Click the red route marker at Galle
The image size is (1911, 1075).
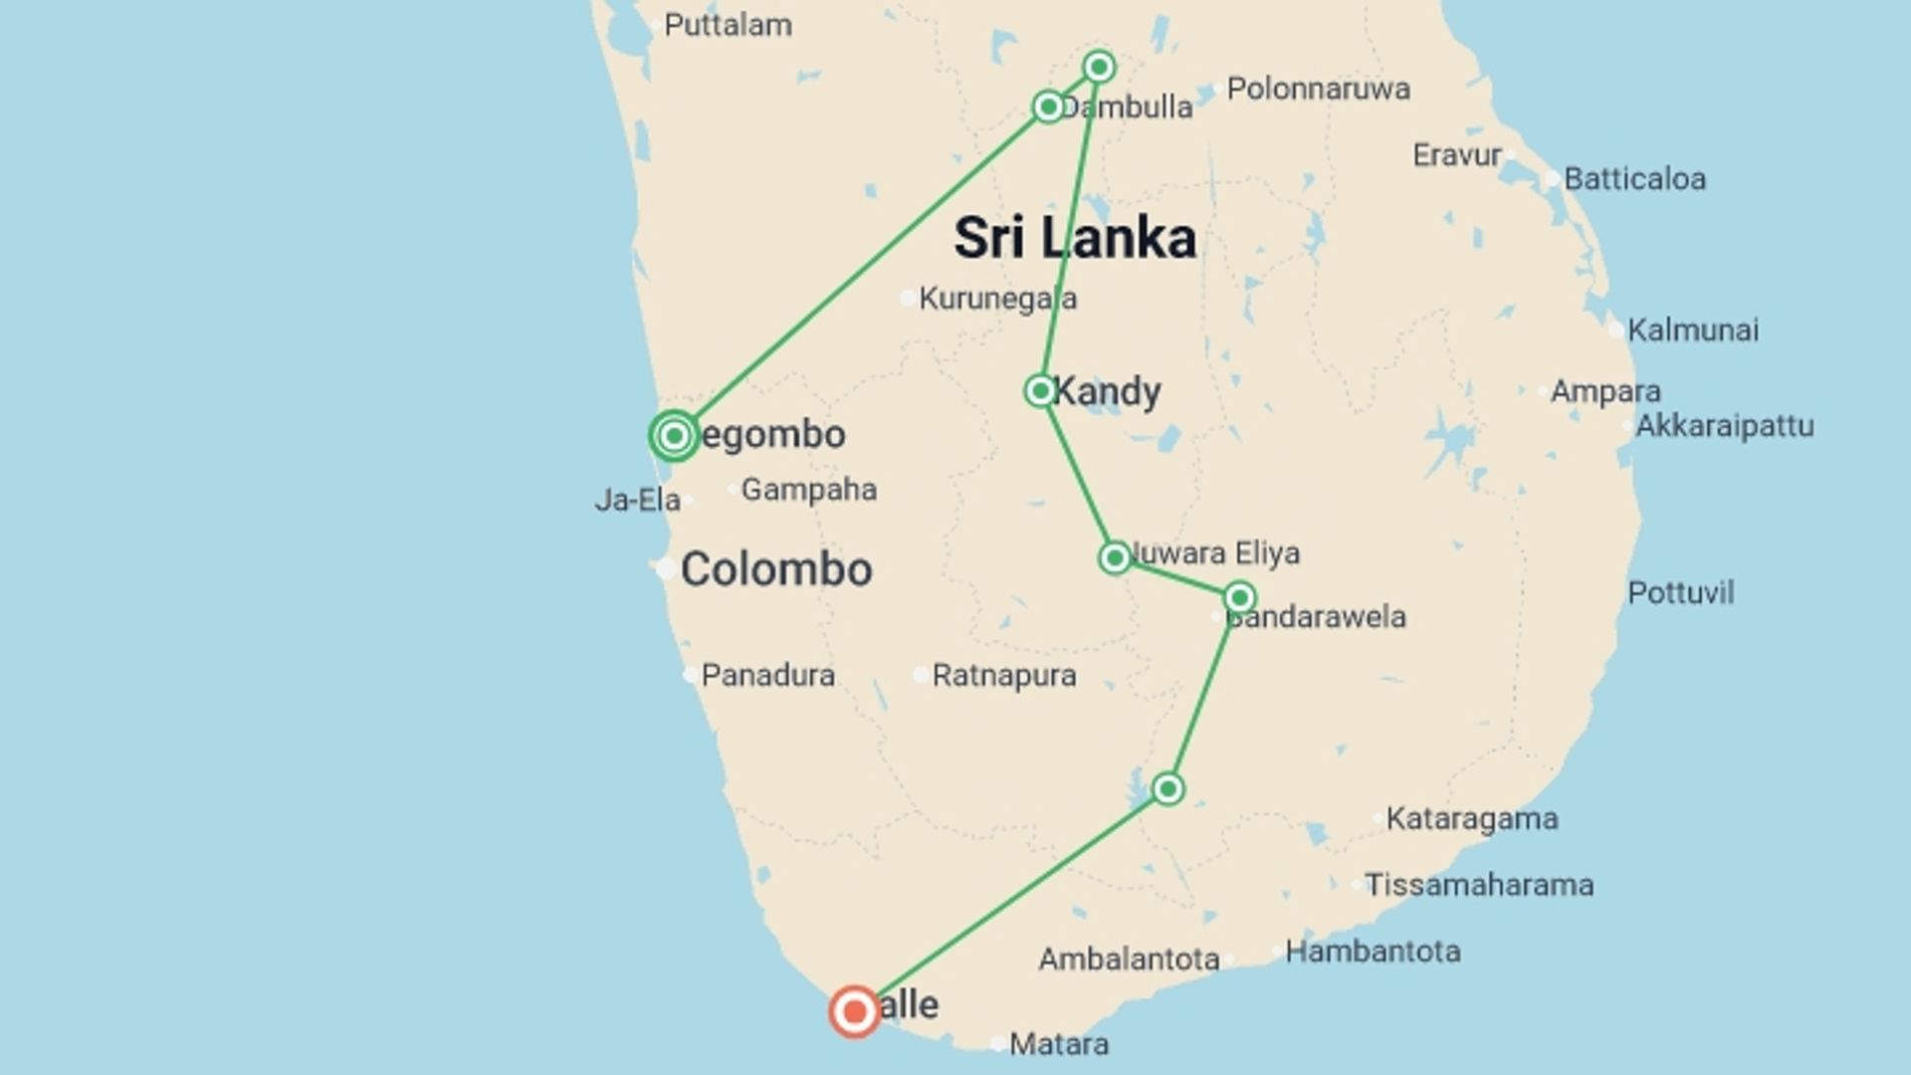[x=854, y=1012]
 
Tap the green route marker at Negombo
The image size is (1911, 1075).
[x=674, y=435]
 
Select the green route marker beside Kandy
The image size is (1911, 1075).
[x=1039, y=390]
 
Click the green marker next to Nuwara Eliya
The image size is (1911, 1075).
[x=1115, y=557]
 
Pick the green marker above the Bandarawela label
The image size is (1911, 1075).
[x=1239, y=597]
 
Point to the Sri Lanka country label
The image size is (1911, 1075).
[x=1075, y=239]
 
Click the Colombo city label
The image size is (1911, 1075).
[x=776, y=569]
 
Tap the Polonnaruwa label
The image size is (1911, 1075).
[x=1318, y=89]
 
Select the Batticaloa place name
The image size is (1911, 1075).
[x=1634, y=179]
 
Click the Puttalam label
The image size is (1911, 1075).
[x=728, y=25]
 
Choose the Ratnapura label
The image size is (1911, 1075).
[x=1003, y=676]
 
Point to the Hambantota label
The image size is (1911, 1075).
[x=1373, y=952]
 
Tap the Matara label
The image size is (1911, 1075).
[x=1058, y=1044]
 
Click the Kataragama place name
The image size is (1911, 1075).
[x=1471, y=819]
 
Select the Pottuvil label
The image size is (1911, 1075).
[x=1680, y=593]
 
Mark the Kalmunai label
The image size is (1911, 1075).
[x=1692, y=330]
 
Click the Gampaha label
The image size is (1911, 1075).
[x=808, y=490]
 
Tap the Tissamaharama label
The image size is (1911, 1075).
[x=1478, y=885]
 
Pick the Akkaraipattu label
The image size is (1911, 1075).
[x=1724, y=426]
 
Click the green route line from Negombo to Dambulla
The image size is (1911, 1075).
[x=861, y=271]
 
